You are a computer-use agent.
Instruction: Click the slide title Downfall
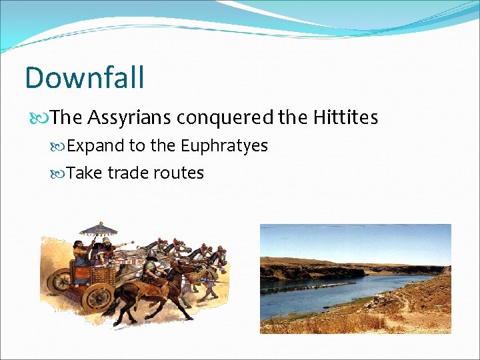[x=84, y=77]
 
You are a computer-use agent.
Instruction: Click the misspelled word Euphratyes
[x=224, y=146]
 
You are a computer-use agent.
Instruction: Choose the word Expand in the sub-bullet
[x=90, y=146]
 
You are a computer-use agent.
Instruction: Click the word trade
[x=128, y=173]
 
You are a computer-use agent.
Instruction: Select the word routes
[x=179, y=173]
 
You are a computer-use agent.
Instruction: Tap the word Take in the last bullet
[x=85, y=173]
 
